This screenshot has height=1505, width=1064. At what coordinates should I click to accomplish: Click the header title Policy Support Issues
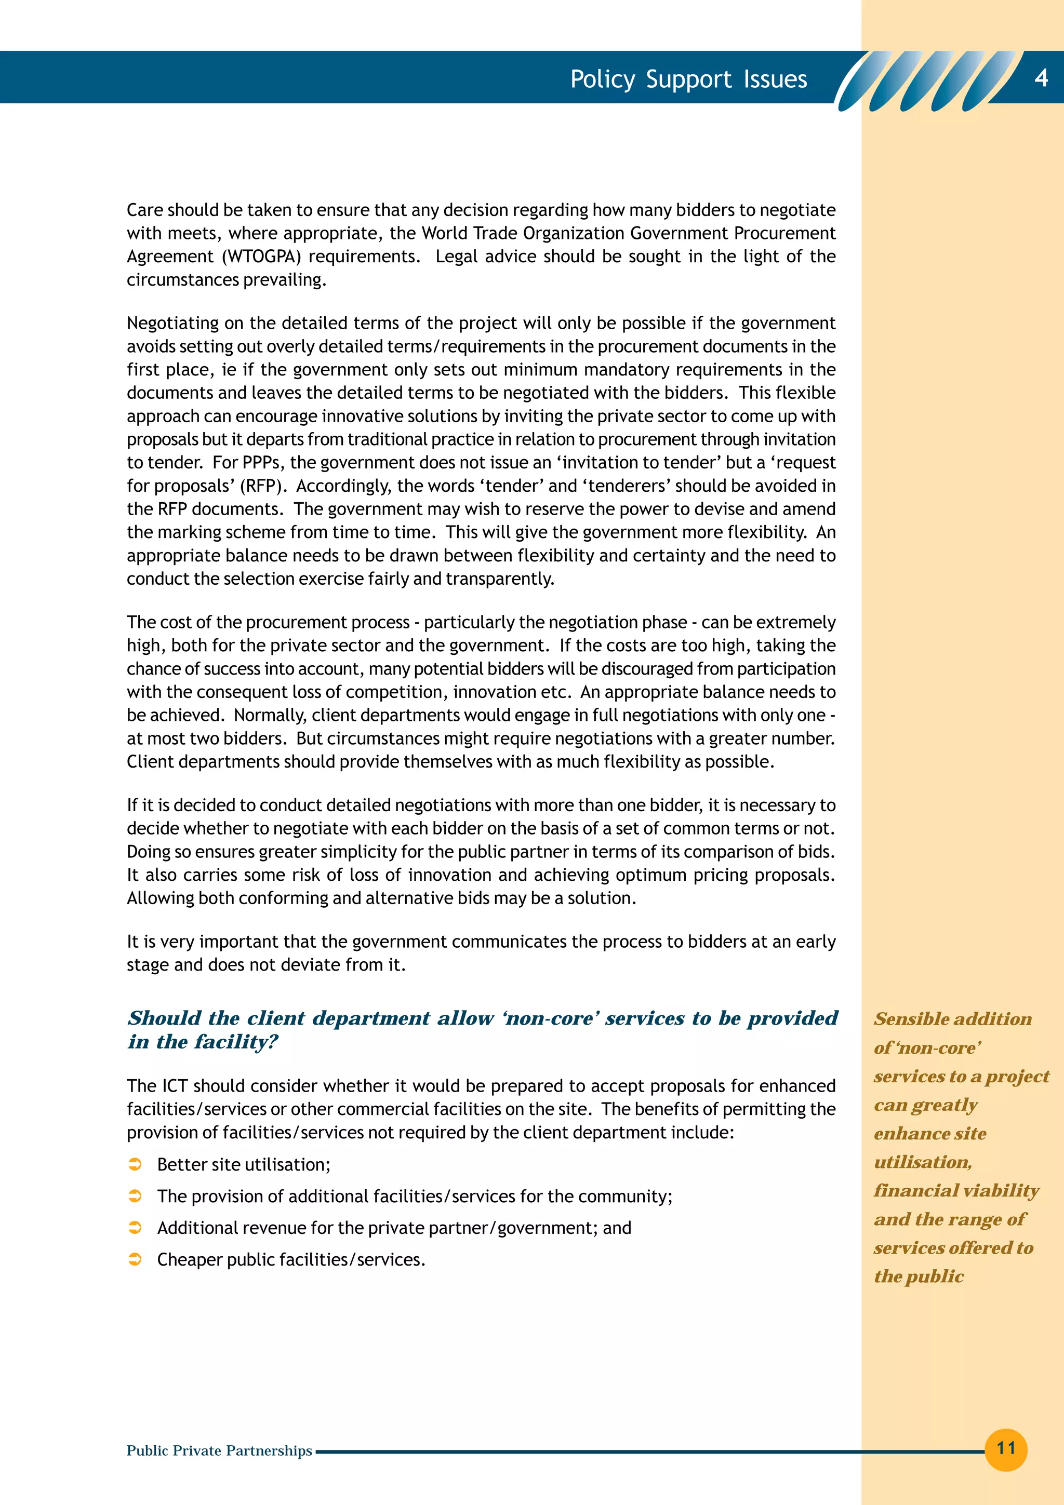[688, 79]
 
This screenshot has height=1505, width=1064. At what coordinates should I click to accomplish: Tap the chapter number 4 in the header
[1041, 78]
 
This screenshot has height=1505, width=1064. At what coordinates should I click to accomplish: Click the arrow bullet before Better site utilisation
[135, 1165]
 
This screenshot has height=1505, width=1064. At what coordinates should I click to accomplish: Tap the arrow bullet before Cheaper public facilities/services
[135, 1260]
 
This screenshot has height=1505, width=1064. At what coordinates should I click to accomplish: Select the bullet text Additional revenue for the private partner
[393, 1228]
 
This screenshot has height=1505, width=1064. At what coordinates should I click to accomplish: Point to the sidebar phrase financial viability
[956, 1190]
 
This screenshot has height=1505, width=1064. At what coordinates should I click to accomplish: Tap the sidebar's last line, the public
[919, 1276]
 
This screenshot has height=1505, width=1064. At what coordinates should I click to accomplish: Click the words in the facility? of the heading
[203, 1042]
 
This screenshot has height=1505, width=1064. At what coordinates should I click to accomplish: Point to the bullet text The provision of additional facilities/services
[414, 1197]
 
